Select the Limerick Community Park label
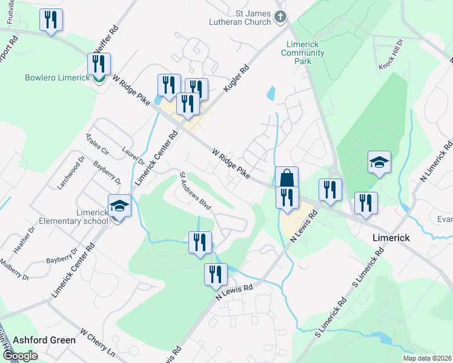tap(303, 53)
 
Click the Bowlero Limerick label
tap(57, 77)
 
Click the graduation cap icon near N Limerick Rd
tap(379, 162)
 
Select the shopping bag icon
tap(287, 178)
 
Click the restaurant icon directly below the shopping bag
tap(287, 197)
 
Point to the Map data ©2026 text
tap(427, 358)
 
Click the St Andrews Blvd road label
tap(194, 191)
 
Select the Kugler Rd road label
tap(236, 79)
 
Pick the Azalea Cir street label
tap(97, 143)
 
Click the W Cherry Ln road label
tap(97, 342)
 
